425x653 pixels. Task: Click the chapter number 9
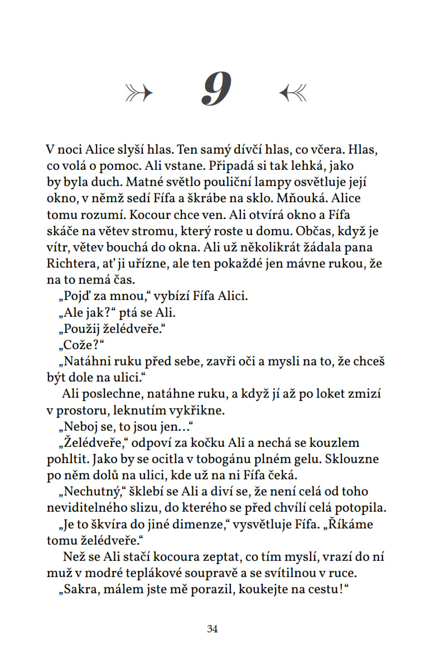point(216,90)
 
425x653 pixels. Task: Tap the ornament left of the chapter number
point(139,92)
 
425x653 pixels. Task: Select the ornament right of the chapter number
point(292,92)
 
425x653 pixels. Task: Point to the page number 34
point(212,629)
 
